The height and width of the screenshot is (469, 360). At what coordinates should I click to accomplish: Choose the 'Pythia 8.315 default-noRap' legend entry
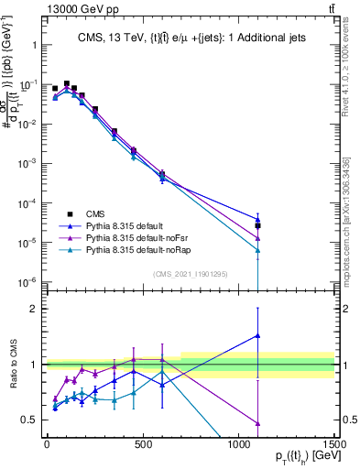[146, 249]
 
